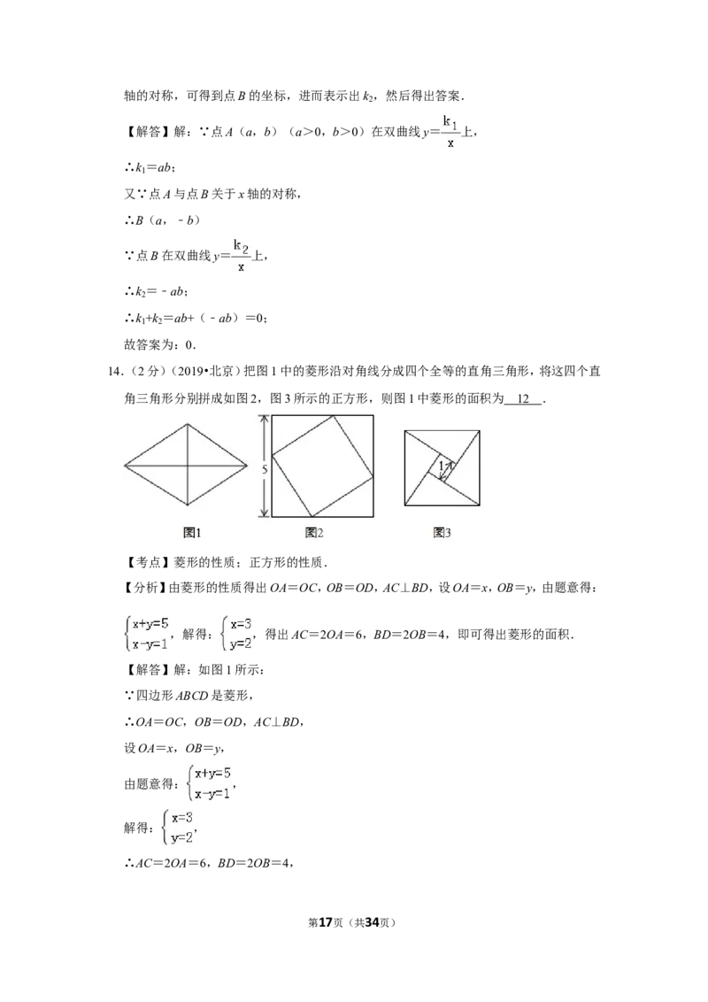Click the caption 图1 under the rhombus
click(192, 532)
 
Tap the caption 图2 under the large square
click(314, 532)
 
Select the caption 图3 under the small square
click(442, 532)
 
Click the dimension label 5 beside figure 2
click(265, 469)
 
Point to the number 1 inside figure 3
click(441, 466)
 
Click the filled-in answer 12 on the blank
click(523, 398)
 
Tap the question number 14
click(116, 371)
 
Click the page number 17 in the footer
click(326, 922)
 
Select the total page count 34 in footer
click(373, 922)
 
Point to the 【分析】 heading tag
click(146, 588)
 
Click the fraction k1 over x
click(450, 132)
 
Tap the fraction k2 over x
click(241, 256)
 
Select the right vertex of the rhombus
click(247, 466)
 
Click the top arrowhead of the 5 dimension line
click(263, 418)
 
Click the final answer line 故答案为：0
click(160, 345)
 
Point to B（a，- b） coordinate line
click(162, 220)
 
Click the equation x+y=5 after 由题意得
click(212, 774)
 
